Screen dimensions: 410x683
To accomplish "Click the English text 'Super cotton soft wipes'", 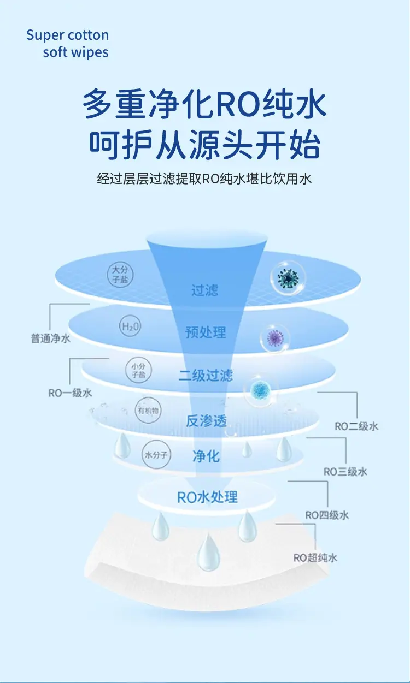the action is [68, 44].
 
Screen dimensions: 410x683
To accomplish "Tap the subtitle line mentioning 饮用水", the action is [204, 179].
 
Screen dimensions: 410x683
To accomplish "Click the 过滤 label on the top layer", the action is [205, 290].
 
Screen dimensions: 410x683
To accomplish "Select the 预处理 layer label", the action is [206, 332].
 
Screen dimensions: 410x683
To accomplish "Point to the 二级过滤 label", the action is [206, 375].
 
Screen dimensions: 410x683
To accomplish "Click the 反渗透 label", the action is [206, 421].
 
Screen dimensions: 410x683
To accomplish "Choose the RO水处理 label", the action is [207, 497].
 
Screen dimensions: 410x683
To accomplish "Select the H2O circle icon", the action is [130, 327].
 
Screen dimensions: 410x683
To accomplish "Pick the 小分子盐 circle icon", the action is [138, 371].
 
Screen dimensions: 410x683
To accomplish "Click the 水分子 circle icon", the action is [156, 454].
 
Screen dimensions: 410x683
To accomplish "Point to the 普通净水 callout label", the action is [50, 338].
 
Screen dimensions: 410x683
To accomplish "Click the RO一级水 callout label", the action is [70, 393].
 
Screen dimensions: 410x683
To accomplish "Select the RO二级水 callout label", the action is [356, 426].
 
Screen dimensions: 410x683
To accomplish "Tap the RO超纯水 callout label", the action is [315, 557].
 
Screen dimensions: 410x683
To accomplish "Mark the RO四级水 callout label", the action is [327, 515].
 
